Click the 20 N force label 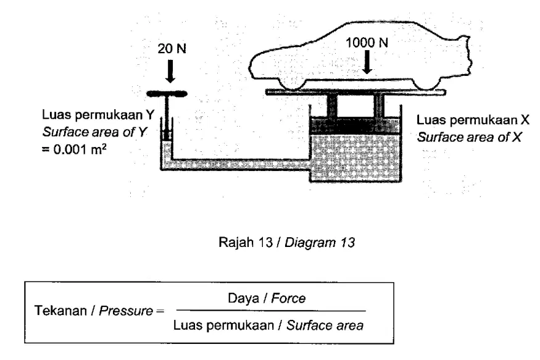click(x=172, y=49)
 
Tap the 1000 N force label click(x=367, y=43)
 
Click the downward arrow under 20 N click(x=170, y=71)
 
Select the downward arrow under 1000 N click(x=367, y=62)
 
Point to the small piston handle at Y click(x=167, y=94)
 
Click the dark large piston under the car click(x=355, y=126)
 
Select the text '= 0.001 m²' click(x=73, y=149)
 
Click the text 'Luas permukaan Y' click(x=98, y=115)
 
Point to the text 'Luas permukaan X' click(x=473, y=120)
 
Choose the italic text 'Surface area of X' click(x=469, y=137)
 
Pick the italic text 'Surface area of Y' click(x=94, y=132)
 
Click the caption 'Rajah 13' click(x=246, y=243)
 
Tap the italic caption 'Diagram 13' click(x=320, y=243)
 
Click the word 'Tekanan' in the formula click(x=60, y=311)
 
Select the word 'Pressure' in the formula click(x=126, y=311)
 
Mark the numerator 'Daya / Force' click(x=267, y=298)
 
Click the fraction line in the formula click(x=271, y=311)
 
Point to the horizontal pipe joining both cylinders click(x=241, y=164)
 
